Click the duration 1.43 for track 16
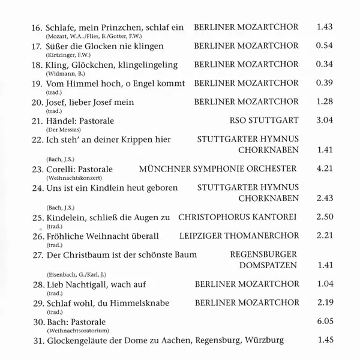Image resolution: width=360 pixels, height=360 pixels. coord(323,27)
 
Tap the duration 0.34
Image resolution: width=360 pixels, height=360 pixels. coord(323,64)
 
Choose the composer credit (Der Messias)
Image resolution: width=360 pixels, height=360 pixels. coord(63,130)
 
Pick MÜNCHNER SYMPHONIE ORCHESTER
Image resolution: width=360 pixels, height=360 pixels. coord(217,169)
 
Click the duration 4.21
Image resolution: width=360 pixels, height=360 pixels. coord(323,169)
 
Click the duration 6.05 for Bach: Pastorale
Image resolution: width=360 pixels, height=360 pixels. coord(323,321)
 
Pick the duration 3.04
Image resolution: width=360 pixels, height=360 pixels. coord(323,121)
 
